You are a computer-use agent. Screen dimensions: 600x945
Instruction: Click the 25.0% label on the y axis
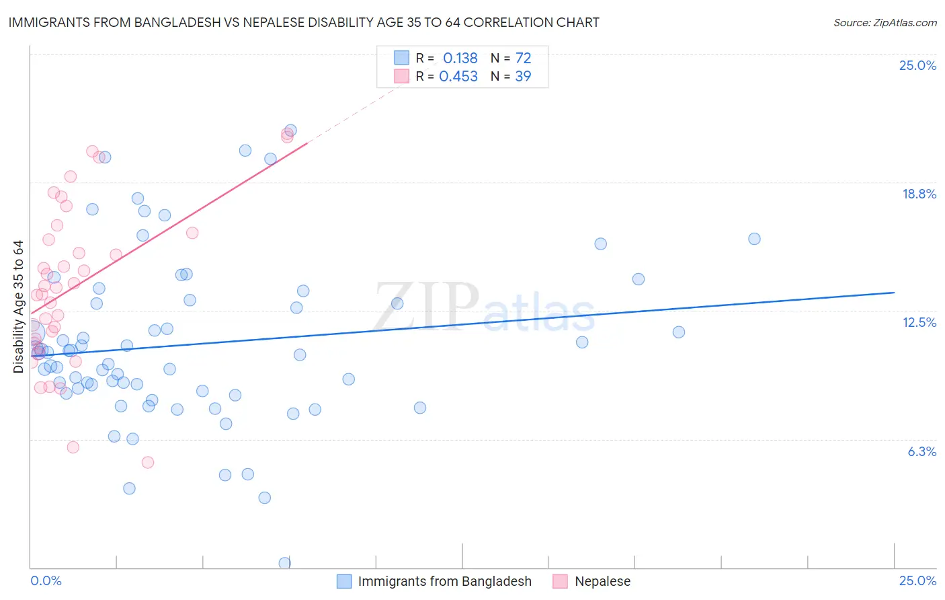point(917,65)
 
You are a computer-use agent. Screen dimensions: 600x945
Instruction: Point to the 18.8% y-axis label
point(919,194)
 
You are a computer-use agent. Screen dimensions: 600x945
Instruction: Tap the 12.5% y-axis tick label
point(919,322)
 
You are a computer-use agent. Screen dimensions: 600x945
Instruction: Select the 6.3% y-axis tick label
point(921,451)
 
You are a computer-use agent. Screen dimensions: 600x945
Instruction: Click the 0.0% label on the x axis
point(46,580)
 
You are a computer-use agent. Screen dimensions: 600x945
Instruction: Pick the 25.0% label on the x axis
point(917,580)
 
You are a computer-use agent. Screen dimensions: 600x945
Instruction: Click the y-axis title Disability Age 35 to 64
point(18,307)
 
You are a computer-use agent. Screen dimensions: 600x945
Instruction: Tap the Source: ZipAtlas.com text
point(885,22)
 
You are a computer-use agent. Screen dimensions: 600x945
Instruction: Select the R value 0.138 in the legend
point(460,58)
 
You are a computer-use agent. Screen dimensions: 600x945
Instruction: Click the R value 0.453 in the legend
point(458,76)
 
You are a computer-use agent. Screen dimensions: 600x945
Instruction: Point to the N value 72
point(523,58)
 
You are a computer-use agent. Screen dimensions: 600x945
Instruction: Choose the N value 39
point(523,76)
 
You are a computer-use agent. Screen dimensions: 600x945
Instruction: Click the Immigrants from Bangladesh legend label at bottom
point(444,581)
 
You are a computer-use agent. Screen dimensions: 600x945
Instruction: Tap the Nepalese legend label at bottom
point(602,581)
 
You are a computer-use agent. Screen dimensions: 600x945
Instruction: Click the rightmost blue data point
point(754,239)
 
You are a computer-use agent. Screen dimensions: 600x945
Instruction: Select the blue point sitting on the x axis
point(285,563)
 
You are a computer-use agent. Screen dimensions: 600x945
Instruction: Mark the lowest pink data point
point(148,462)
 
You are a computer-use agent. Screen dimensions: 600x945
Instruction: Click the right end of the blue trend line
point(894,293)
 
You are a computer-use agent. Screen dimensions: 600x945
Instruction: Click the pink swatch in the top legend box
point(401,76)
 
